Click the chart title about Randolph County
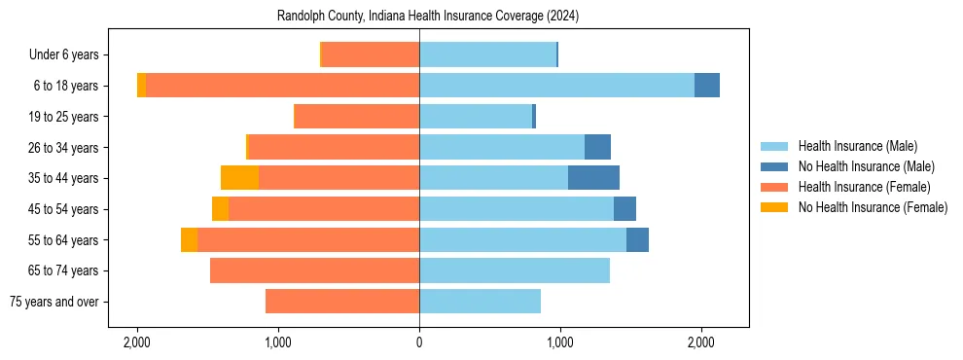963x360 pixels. coord(428,17)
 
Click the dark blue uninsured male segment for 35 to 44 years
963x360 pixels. coord(593,178)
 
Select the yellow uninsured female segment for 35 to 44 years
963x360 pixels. coord(239,178)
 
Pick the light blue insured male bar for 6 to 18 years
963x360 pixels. coord(556,86)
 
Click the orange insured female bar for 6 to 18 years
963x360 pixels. coord(282,86)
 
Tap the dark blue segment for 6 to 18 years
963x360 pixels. coord(707,86)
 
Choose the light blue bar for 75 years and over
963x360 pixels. coord(480,302)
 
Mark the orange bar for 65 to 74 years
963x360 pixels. coord(314,270)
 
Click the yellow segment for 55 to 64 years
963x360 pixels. coord(189,240)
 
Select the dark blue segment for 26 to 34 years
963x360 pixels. coord(597,147)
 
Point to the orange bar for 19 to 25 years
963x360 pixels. coord(356,117)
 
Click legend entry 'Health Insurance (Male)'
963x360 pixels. coord(857,146)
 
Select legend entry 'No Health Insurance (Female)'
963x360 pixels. coord(872,207)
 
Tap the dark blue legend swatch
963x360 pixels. coord(775,166)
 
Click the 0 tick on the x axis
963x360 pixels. coord(419,342)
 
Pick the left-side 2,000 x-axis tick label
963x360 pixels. coord(137,342)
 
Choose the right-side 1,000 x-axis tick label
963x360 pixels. coord(560,342)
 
